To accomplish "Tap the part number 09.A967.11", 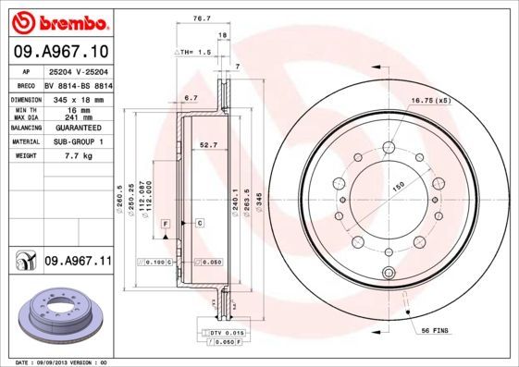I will click(x=78, y=262).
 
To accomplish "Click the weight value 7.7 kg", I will click(x=65, y=156).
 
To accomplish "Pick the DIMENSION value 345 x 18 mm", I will click(x=78, y=98).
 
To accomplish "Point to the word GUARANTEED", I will click(x=77, y=127).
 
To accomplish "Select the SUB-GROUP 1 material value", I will click(x=77, y=141).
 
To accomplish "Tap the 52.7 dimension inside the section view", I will click(x=208, y=144).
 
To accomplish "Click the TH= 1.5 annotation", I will click(x=194, y=53).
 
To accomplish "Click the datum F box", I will click(x=165, y=225).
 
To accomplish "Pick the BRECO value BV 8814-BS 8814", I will click(x=78, y=84).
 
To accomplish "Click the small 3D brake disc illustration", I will click(x=57, y=314).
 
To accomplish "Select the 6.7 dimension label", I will click(x=192, y=97).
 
